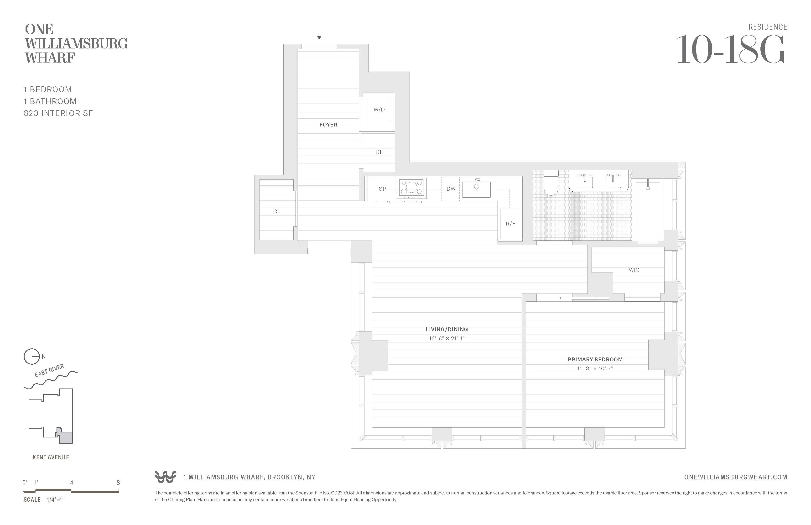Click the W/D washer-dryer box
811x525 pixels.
(379, 110)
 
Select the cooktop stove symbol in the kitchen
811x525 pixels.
(411, 188)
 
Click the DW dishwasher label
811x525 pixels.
(451, 189)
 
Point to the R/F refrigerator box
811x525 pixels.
(510, 224)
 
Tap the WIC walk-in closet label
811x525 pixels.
(634, 270)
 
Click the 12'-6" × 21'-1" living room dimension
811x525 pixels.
(446, 339)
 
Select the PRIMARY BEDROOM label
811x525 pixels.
(595, 359)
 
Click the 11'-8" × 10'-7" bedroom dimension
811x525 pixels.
(595, 368)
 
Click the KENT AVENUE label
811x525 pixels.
(51, 457)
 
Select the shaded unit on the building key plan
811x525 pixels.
(66, 437)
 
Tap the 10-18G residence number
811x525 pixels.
(731, 50)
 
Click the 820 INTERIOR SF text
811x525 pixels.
(58, 113)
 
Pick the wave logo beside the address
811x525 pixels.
(165, 477)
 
